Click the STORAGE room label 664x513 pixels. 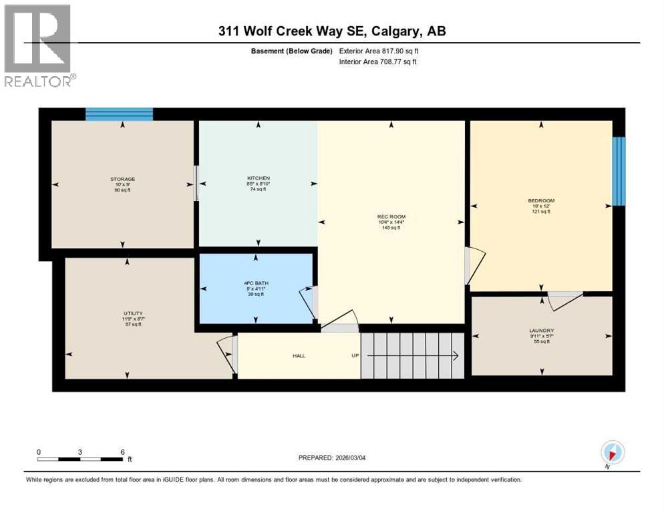pyautogui.click(x=123, y=179)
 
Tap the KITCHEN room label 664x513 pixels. pyautogui.click(x=258, y=178)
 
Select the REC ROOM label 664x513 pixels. pyautogui.click(x=391, y=216)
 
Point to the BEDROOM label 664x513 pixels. pyautogui.click(x=541, y=200)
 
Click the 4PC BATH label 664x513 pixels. pyautogui.click(x=255, y=283)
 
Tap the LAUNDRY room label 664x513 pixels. pyautogui.click(x=542, y=331)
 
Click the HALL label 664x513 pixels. pyautogui.click(x=299, y=356)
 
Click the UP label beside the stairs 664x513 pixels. pyautogui.click(x=355, y=356)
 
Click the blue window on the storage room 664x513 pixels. pyautogui.click(x=120, y=114)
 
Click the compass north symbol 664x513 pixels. pyautogui.click(x=612, y=452)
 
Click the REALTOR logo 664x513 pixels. pyautogui.click(x=39, y=46)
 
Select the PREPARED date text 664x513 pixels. pyautogui.click(x=332, y=458)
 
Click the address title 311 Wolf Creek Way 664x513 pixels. pyautogui.click(x=331, y=31)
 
